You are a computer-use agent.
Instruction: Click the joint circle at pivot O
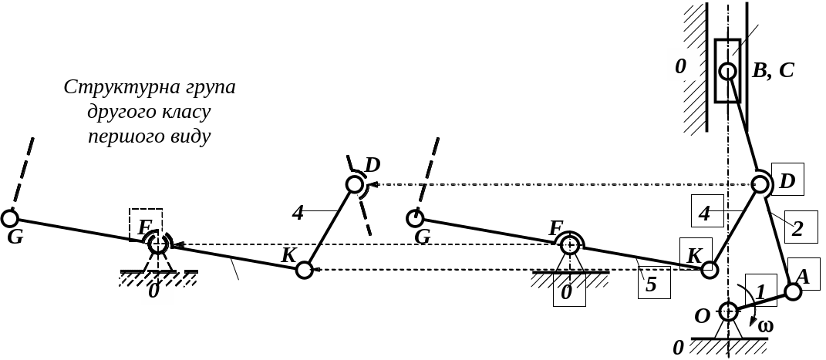[x=728, y=311]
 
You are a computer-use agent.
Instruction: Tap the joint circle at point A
[x=793, y=291]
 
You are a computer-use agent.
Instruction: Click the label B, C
[x=773, y=70]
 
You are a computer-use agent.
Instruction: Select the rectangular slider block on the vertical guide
[x=727, y=70]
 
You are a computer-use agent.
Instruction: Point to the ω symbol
[x=765, y=326]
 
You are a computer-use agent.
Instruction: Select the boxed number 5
[x=654, y=282]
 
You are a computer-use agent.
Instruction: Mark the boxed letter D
[x=787, y=180]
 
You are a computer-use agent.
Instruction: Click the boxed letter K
[x=696, y=254]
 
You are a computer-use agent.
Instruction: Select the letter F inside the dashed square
[x=143, y=228]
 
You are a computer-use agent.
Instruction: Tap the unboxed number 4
[x=298, y=214]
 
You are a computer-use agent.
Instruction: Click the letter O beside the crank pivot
[x=703, y=316]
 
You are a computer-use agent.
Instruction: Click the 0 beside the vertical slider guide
[x=680, y=67]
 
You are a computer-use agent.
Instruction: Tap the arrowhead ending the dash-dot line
[x=373, y=185]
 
